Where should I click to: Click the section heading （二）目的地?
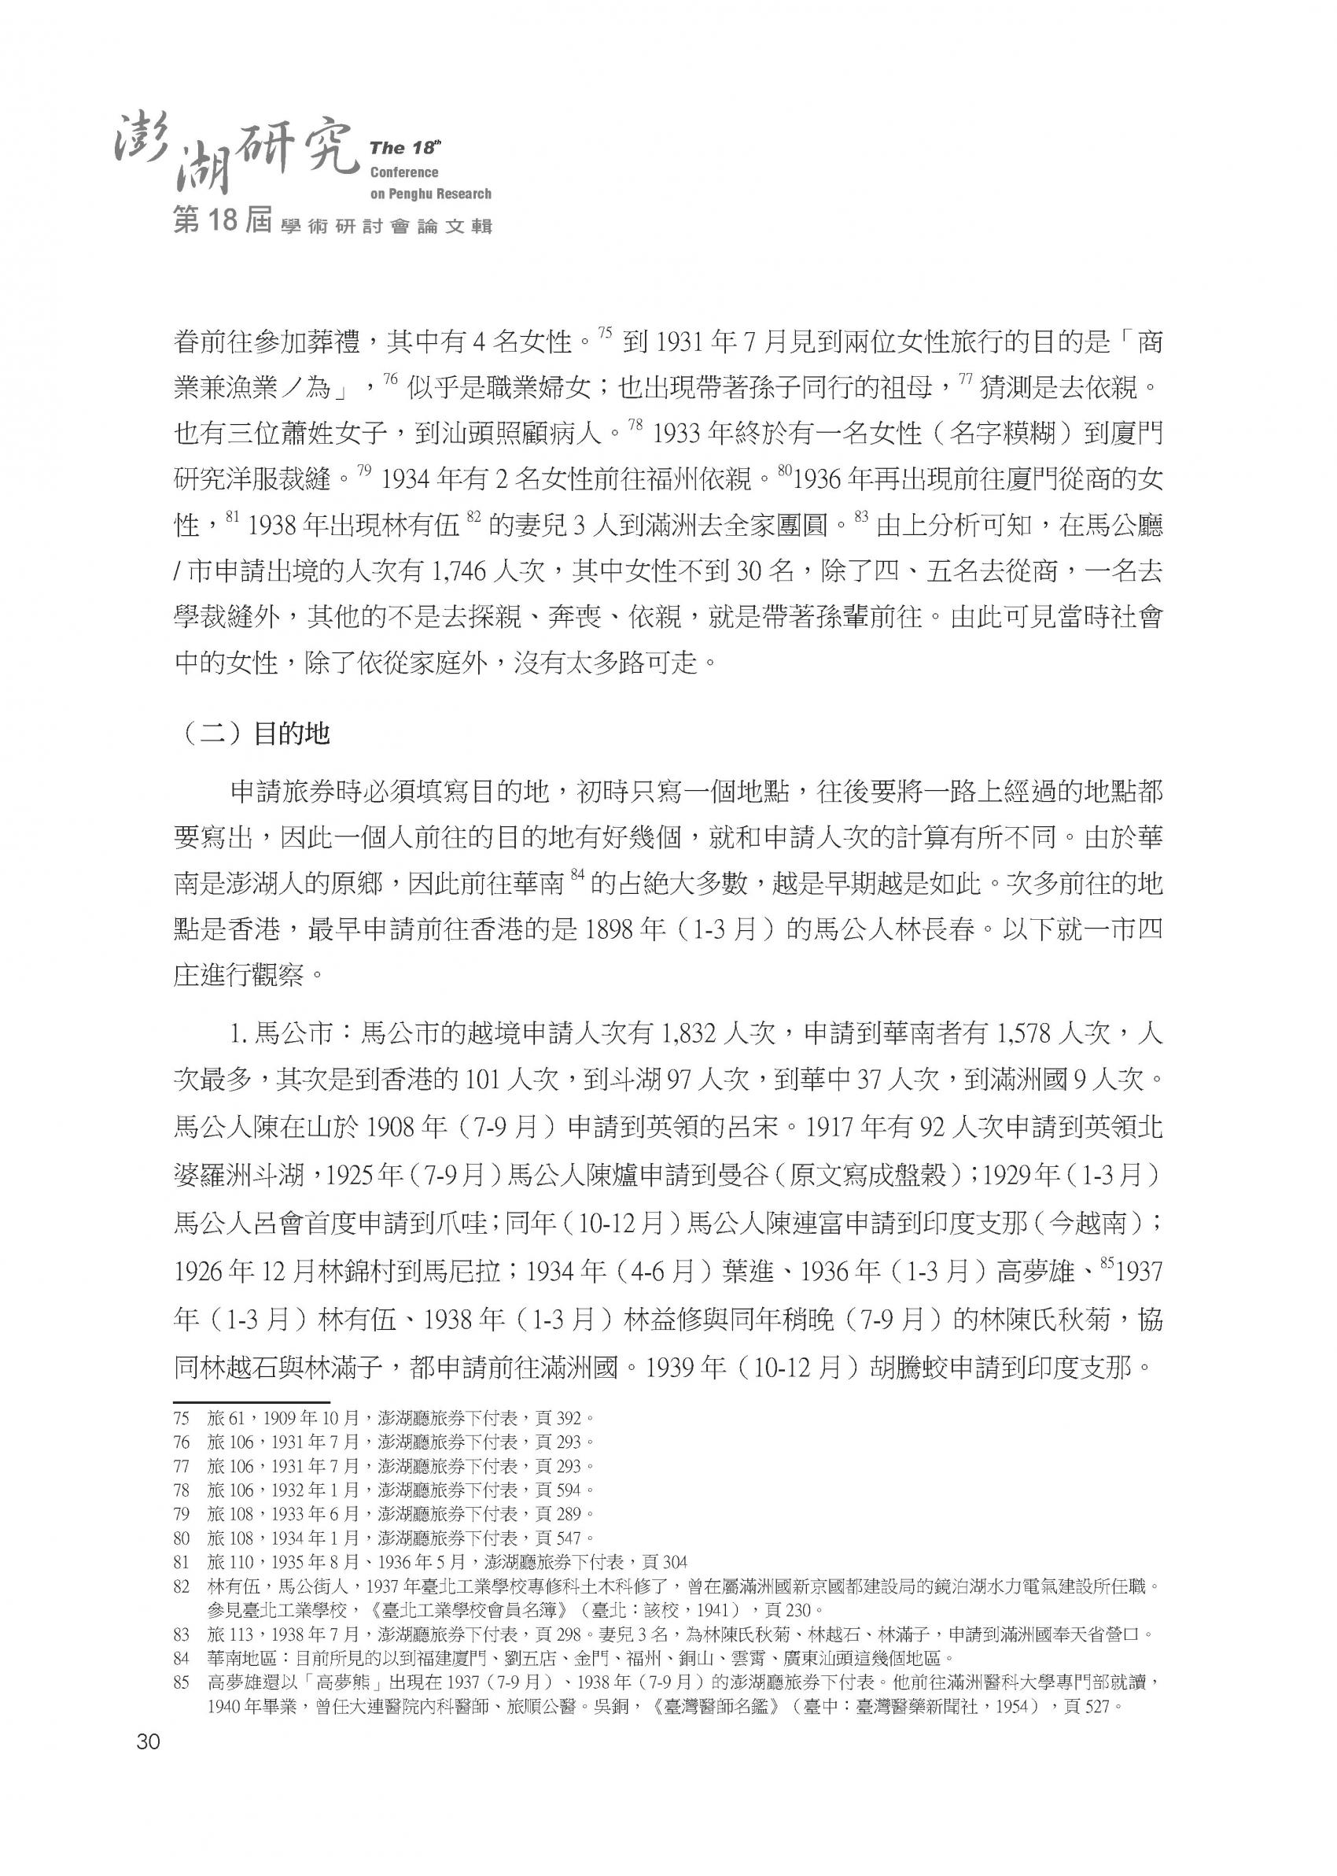point(253,732)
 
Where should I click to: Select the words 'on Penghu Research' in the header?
point(430,194)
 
